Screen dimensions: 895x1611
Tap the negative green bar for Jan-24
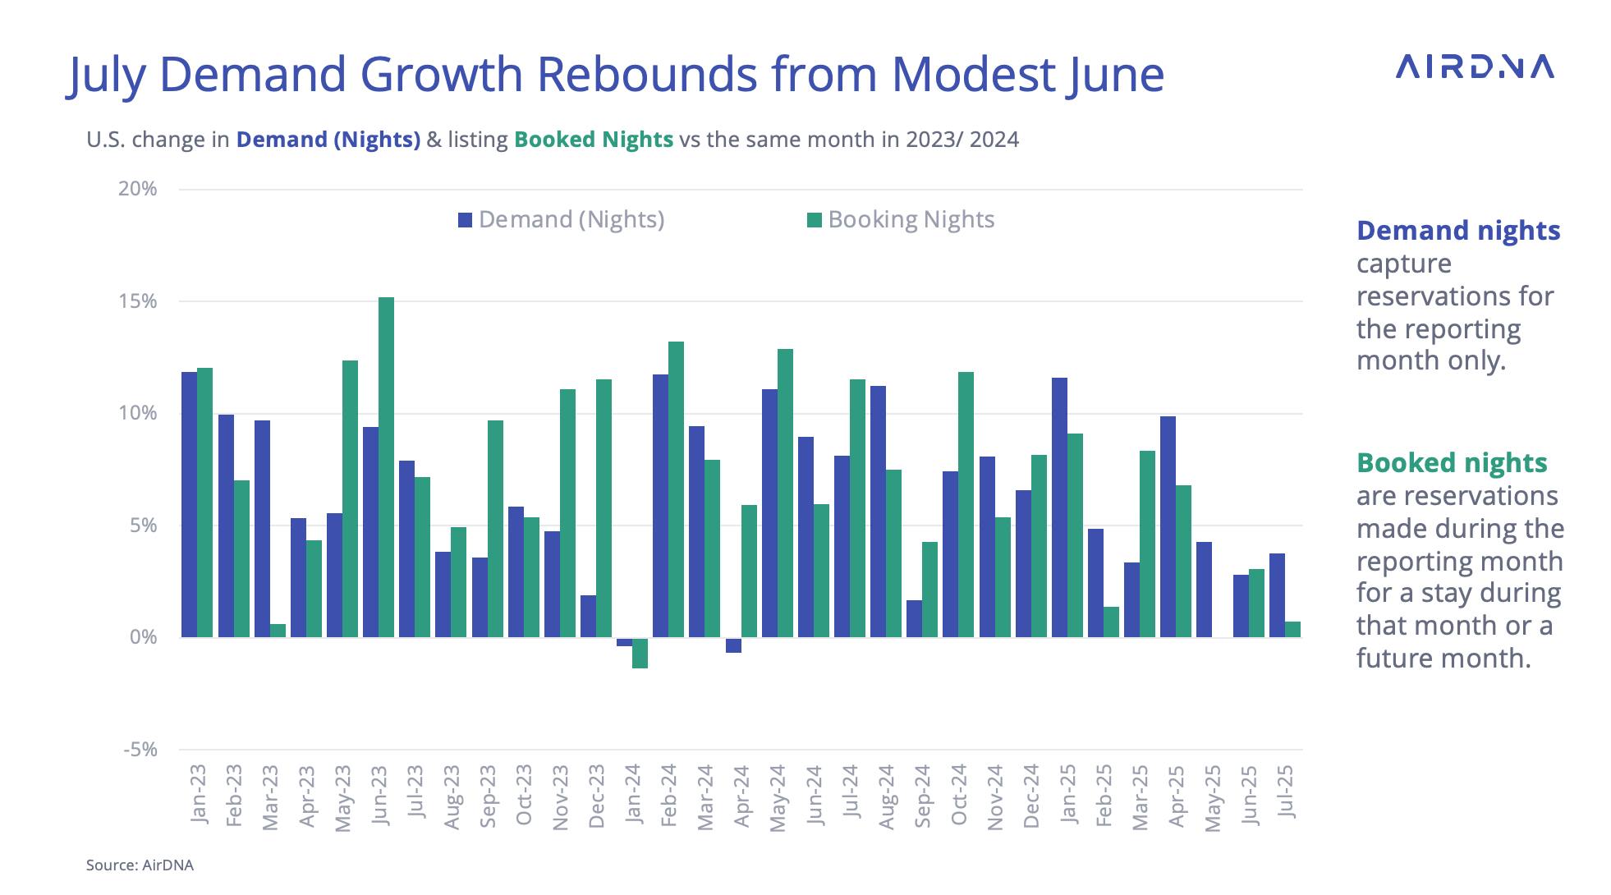coord(640,653)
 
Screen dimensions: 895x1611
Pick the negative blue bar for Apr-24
coord(733,645)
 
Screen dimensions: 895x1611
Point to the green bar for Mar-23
coord(278,631)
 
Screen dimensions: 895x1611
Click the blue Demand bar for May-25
coord(1204,590)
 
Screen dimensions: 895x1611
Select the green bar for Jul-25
coord(1292,629)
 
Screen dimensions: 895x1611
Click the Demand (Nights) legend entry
coord(562,220)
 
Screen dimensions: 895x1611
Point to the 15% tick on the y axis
coord(138,301)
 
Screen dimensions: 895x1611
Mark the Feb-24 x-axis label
coord(668,796)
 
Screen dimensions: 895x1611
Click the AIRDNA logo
coord(1474,67)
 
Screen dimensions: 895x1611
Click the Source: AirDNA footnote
coord(140,865)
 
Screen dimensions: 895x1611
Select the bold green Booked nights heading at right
coord(1452,463)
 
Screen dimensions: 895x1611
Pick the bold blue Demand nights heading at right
coord(1458,231)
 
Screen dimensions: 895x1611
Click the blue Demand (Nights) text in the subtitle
coord(328,140)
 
